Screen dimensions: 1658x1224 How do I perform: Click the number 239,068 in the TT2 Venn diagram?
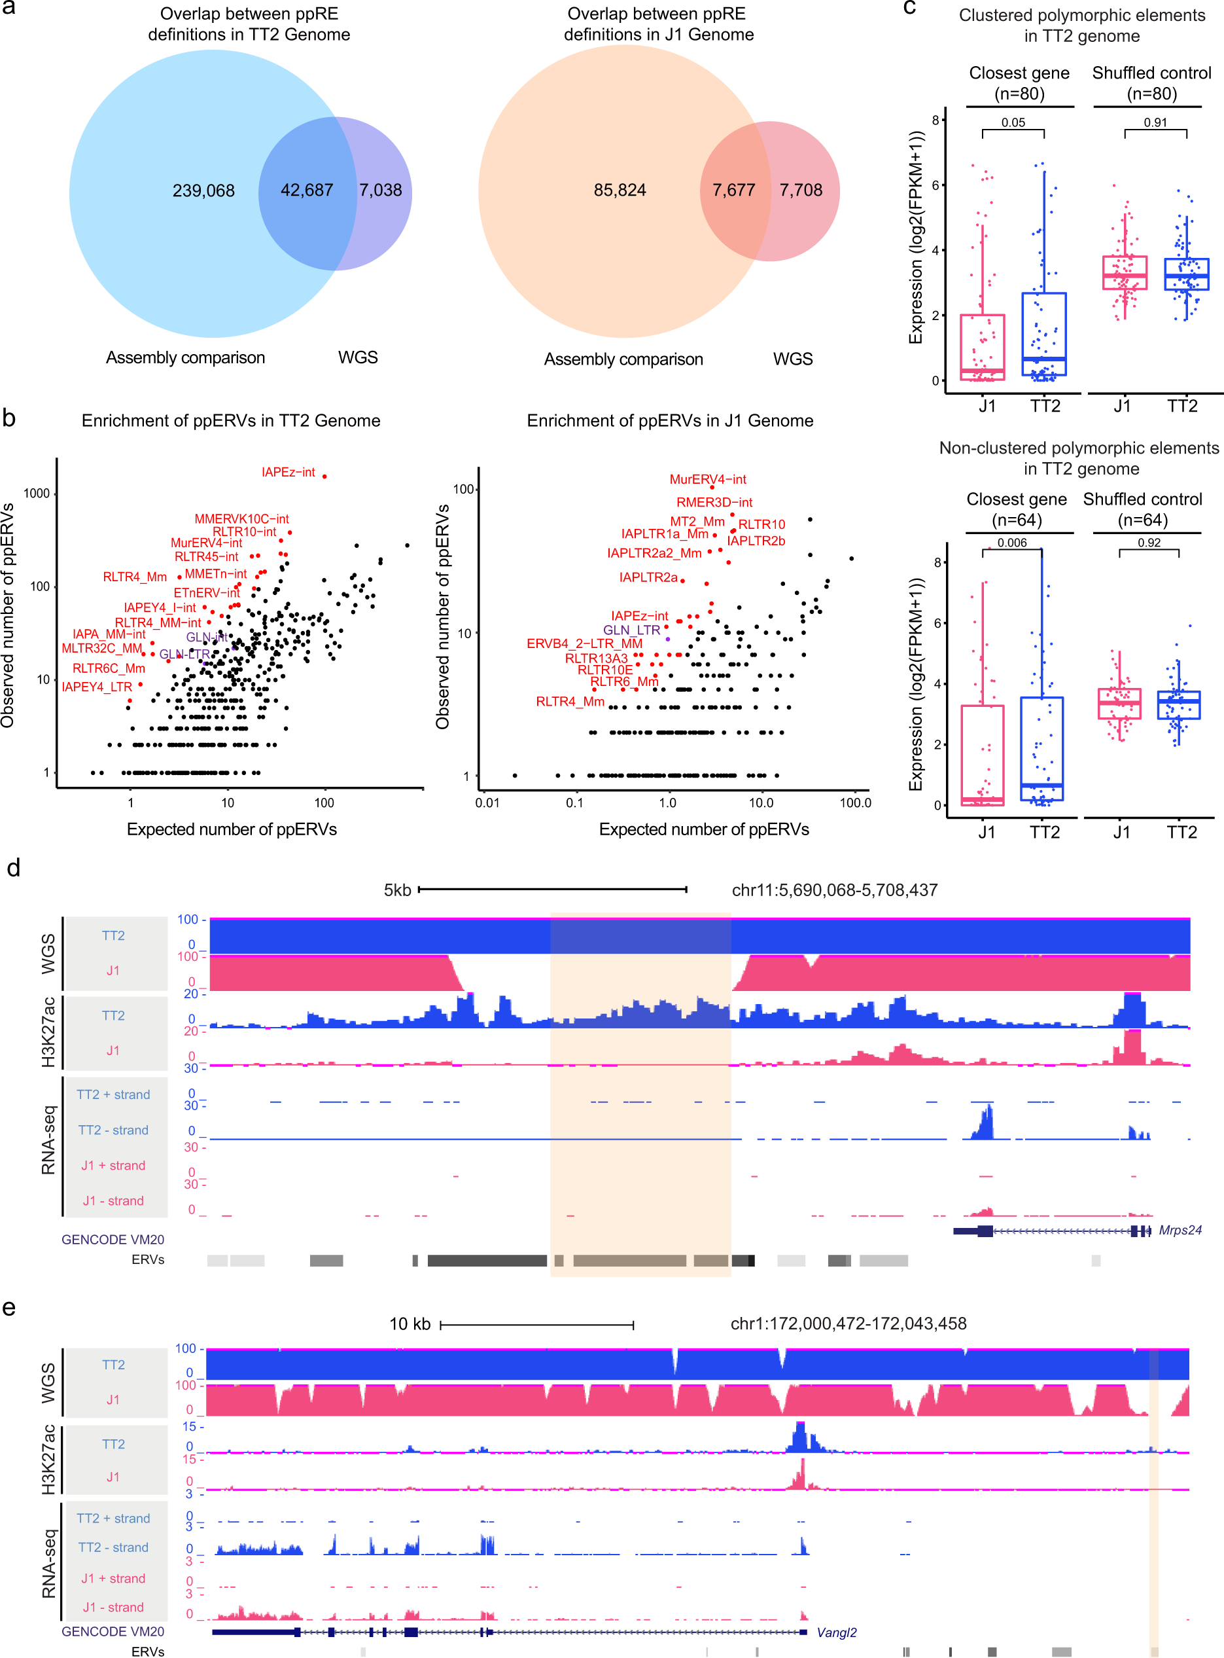203,190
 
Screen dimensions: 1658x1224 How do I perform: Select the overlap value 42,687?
307,190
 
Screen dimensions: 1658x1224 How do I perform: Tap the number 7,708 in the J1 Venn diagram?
800,190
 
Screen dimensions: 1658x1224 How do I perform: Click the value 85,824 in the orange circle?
620,190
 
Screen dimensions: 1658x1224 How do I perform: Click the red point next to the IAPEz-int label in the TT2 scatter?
324,476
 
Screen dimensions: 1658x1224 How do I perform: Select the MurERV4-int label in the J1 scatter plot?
708,480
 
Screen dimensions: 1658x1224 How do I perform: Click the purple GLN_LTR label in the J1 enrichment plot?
631,630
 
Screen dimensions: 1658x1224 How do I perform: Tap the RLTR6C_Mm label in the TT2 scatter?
108,668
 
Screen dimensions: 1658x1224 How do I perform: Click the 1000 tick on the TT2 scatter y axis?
37,494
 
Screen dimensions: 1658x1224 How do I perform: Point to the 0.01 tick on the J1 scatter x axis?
487,802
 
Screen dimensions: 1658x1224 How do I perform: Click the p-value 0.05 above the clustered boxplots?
1013,123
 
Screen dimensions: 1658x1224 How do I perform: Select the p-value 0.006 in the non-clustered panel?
1011,543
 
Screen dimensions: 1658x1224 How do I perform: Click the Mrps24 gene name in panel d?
1180,1231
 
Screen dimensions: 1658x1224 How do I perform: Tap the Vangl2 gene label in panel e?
837,1632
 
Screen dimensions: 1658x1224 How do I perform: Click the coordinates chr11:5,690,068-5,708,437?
834,890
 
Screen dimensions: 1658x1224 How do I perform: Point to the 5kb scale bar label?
397,890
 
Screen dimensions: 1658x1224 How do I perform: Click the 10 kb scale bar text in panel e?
410,1324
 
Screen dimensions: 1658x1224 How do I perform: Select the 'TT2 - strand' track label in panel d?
113,1130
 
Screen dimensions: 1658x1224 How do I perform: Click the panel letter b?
9,419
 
